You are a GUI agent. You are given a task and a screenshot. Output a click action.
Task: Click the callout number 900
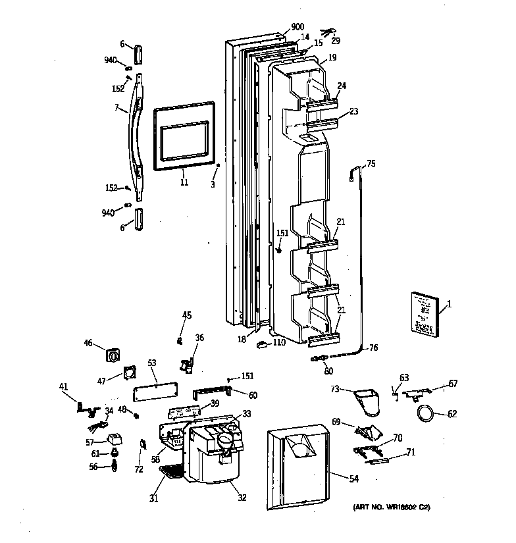pyautogui.click(x=279, y=28)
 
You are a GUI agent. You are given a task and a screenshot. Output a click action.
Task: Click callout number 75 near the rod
pyautogui.click(x=371, y=164)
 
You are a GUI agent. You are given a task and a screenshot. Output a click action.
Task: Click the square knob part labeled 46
pyautogui.click(x=113, y=356)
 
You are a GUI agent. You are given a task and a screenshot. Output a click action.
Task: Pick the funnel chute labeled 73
pyautogui.click(x=369, y=400)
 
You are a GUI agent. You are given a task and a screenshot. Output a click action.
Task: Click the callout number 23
pyautogui.click(x=353, y=112)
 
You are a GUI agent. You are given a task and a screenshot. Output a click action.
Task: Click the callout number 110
pyautogui.click(x=279, y=342)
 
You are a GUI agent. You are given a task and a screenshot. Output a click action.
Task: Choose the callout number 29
pyautogui.click(x=336, y=41)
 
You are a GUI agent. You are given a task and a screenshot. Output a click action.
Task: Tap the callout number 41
pyautogui.click(x=64, y=387)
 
